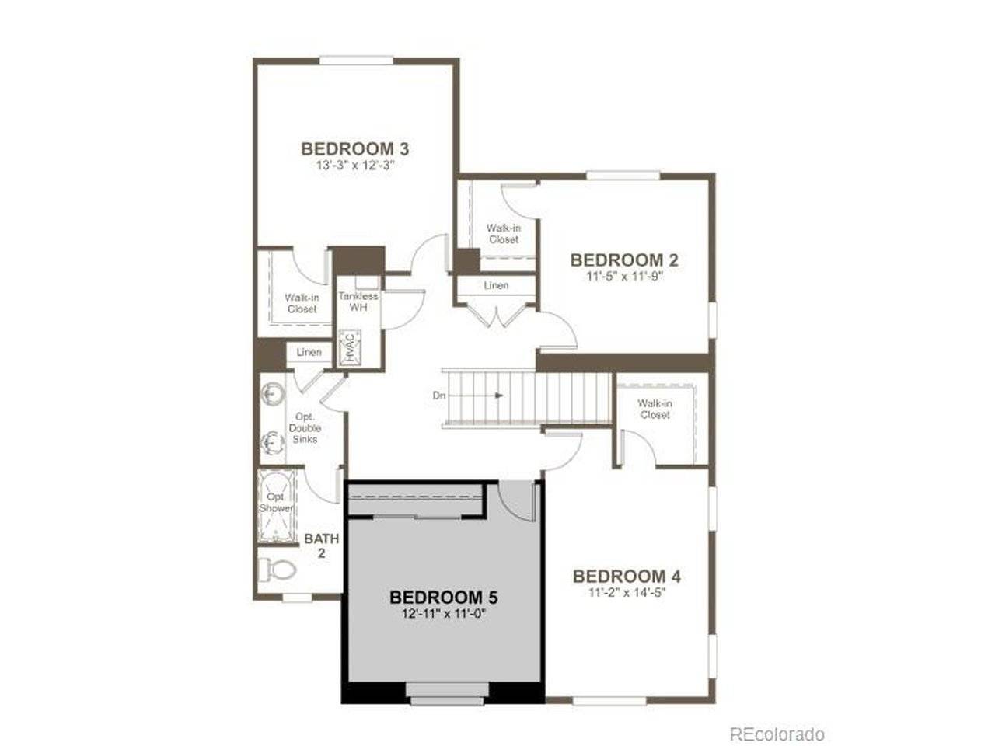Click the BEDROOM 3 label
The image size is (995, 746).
click(355, 148)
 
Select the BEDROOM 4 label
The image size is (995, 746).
click(627, 577)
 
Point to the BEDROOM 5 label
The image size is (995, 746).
click(443, 598)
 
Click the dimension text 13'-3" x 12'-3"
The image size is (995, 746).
click(355, 166)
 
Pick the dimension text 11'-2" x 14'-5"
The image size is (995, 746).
click(627, 592)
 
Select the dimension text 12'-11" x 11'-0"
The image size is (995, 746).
click(443, 613)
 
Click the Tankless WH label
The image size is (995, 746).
click(358, 302)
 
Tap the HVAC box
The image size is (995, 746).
click(349, 347)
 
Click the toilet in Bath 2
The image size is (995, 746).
click(278, 570)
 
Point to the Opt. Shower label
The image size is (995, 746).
click(276, 503)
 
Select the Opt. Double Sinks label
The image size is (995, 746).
click(305, 428)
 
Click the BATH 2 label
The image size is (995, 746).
click(321, 546)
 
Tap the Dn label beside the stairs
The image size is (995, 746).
click(439, 396)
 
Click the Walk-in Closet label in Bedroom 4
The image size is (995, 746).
click(655, 409)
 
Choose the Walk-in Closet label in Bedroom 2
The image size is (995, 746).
click(504, 233)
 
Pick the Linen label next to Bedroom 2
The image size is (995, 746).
click(496, 285)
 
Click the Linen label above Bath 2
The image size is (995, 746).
click(309, 352)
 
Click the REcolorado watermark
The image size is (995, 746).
click(777, 734)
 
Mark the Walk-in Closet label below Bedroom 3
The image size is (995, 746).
click(302, 303)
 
